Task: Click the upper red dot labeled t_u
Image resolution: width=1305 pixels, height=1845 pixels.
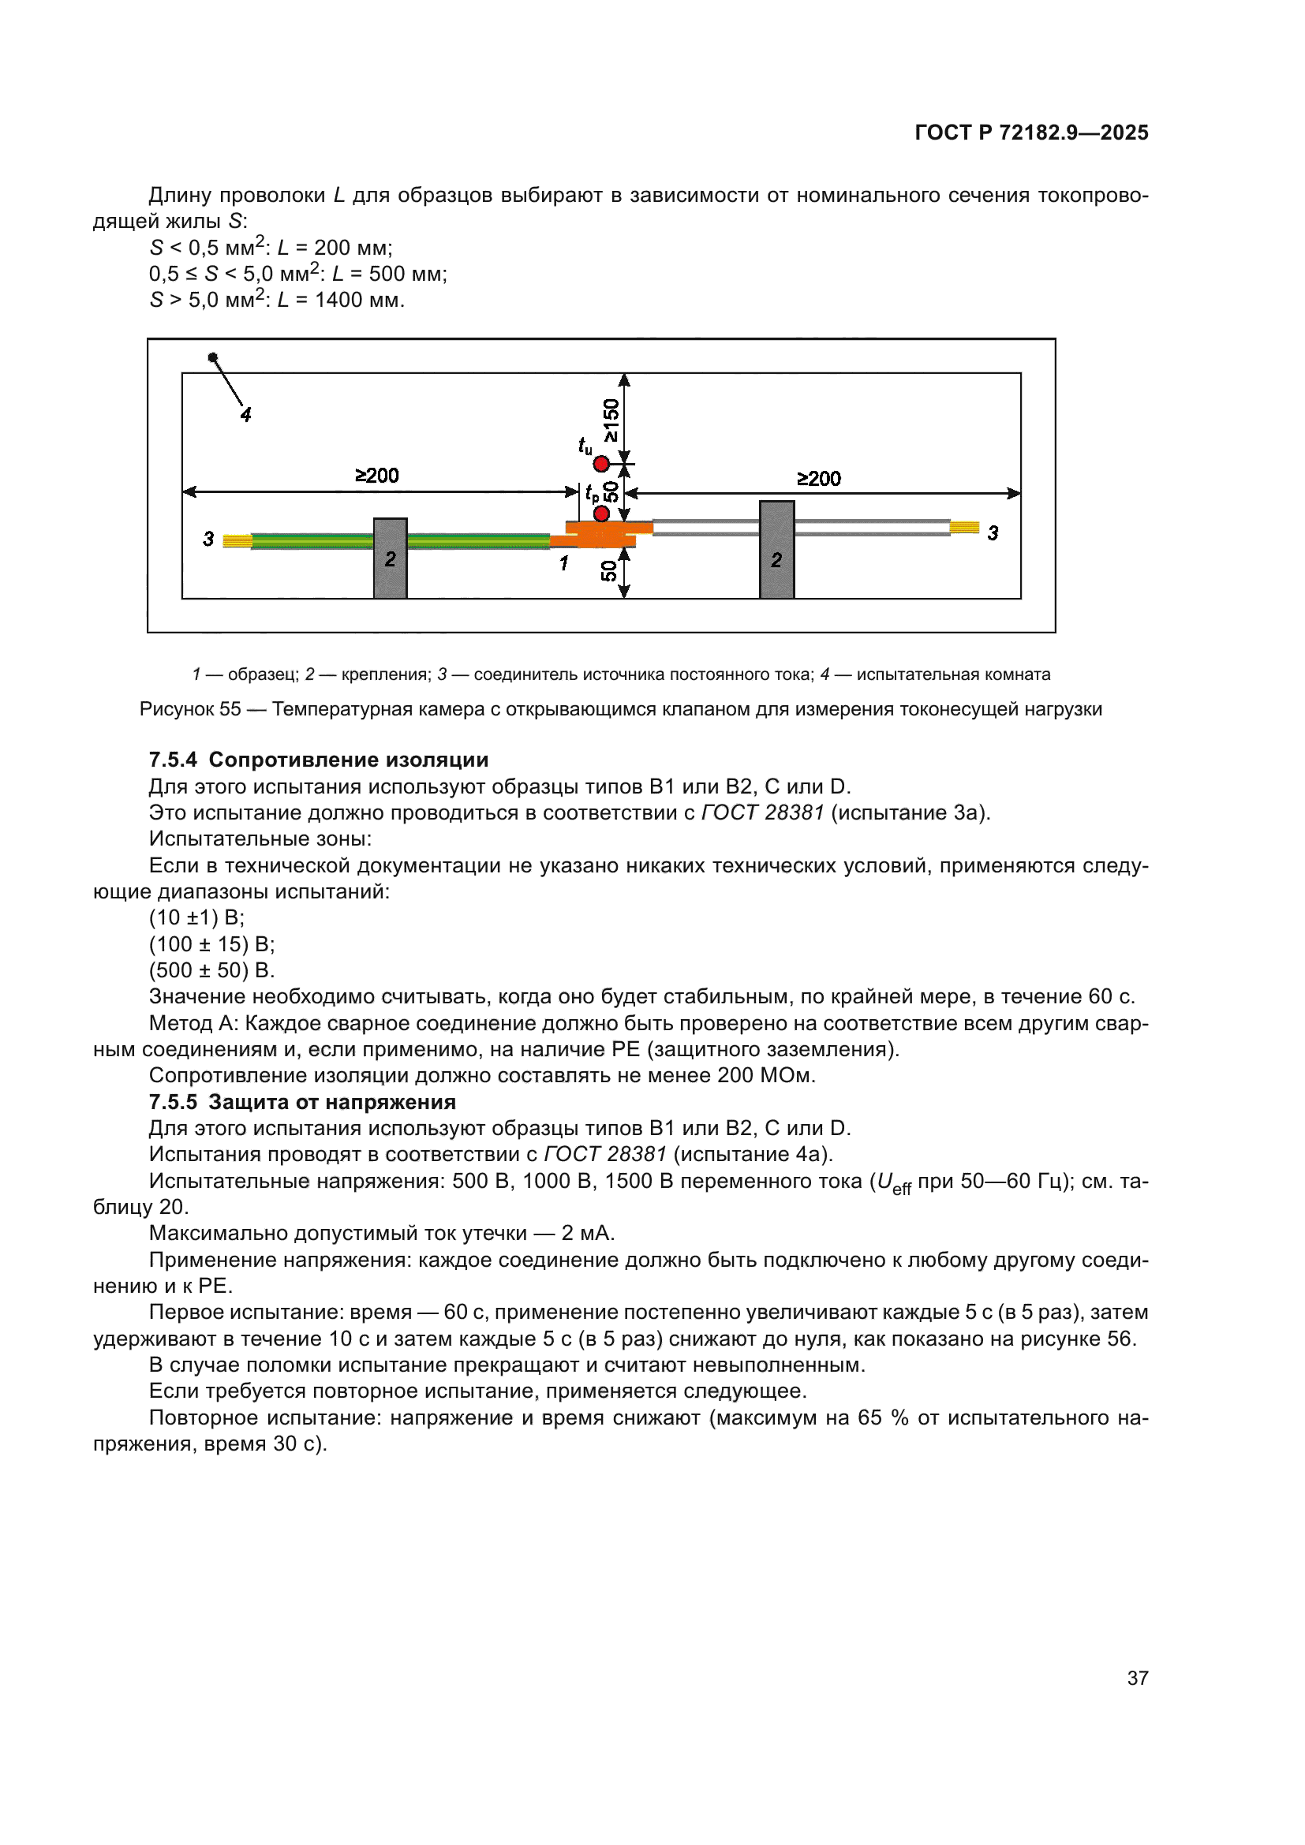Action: [x=600, y=464]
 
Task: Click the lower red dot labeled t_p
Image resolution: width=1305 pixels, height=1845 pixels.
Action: [x=600, y=514]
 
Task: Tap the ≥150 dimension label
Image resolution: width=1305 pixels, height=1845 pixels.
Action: [x=611, y=420]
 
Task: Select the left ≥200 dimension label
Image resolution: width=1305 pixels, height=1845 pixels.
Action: [x=377, y=476]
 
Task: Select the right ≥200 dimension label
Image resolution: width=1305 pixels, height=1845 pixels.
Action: [x=818, y=479]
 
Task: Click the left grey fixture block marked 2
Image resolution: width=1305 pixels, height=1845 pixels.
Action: [x=390, y=558]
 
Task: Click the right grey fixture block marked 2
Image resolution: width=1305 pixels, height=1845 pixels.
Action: [x=776, y=550]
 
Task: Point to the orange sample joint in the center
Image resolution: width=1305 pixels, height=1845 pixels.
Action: [x=601, y=534]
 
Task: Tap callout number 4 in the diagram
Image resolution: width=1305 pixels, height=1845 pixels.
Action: [x=246, y=415]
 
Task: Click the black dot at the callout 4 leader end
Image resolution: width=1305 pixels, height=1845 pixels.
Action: [x=212, y=357]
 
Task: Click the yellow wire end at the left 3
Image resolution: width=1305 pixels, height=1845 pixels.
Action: [x=236, y=541]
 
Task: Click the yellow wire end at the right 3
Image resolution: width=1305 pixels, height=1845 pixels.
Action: [x=964, y=527]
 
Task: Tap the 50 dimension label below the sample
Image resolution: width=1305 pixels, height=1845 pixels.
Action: [x=609, y=571]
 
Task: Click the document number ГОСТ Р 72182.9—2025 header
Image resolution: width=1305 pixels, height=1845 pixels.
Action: [x=1031, y=133]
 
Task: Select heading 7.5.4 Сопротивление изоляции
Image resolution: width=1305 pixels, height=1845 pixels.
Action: [x=318, y=760]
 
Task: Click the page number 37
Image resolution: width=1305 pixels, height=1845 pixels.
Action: [x=1137, y=1678]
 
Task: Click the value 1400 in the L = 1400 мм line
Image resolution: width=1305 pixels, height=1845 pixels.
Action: [x=338, y=301]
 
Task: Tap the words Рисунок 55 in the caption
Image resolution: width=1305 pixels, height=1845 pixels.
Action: [x=190, y=709]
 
